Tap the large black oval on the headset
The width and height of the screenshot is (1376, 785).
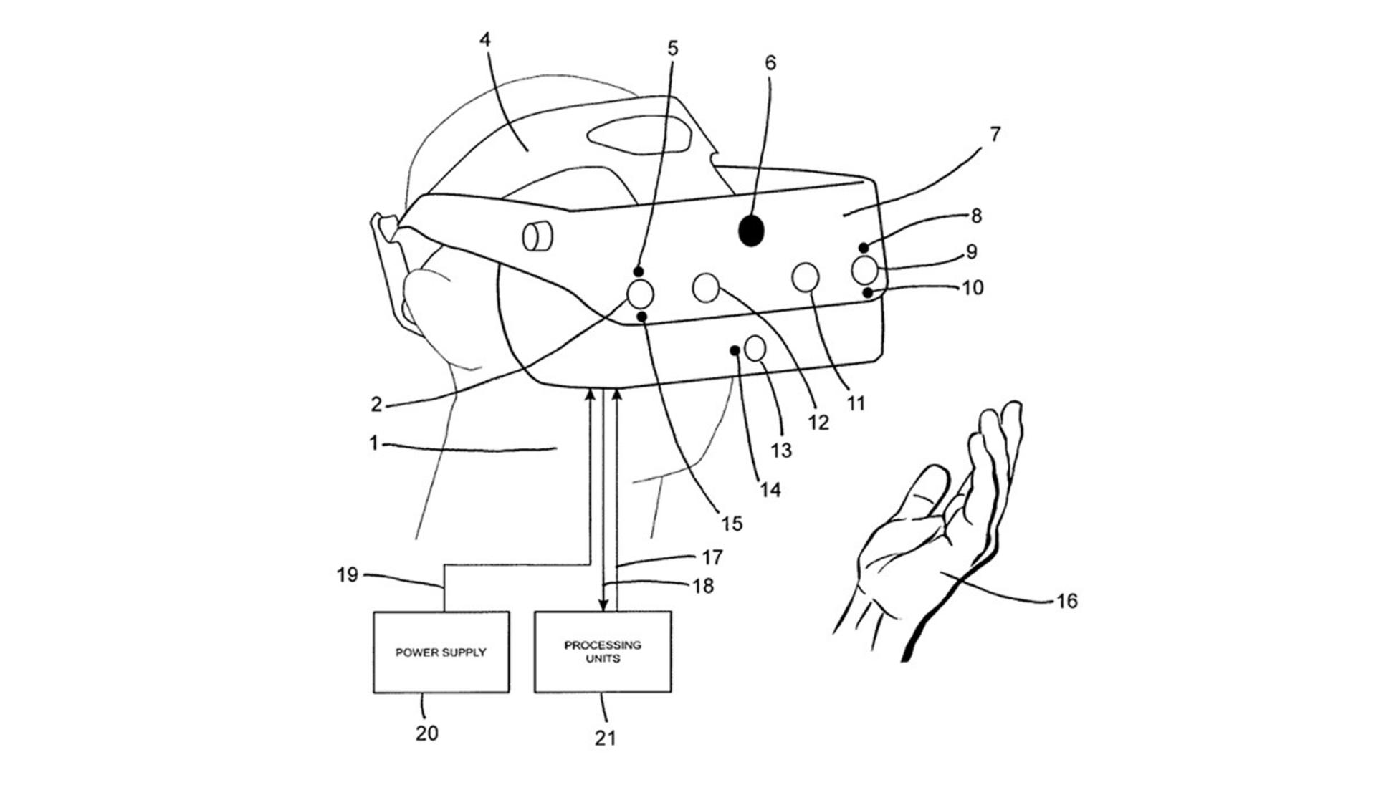(751, 231)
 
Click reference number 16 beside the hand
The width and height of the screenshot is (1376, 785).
(1066, 601)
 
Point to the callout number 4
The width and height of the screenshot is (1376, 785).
(485, 39)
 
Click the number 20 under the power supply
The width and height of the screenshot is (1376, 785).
(426, 733)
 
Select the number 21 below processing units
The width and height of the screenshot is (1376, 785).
(606, 738)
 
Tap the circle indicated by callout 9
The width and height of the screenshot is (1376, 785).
(865, 270)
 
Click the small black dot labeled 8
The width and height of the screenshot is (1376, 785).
(864, 248)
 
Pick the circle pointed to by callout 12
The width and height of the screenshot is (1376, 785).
(706, 287)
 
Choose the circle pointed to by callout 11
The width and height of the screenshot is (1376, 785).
(806, 278)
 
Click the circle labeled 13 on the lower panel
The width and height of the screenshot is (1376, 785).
(755, 349)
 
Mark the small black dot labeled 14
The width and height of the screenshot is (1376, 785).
(735, 350)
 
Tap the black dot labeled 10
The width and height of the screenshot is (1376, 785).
(868, 292)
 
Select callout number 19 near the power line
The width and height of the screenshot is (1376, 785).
(348, 574)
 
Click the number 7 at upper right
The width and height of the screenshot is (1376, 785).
(995, 134)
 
